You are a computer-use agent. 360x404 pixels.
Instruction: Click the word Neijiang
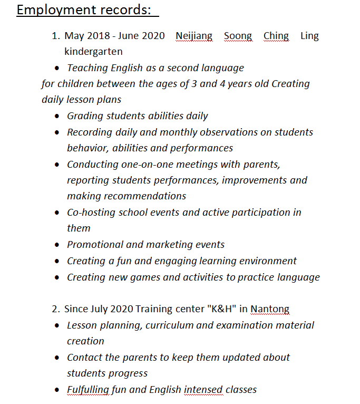[194, 36]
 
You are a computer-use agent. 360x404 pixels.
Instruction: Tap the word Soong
[238, 36]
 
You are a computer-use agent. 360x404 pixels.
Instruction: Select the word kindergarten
[93, 52]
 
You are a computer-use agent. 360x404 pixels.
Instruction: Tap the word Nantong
[270, 309]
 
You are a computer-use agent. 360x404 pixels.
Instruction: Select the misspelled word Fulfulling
[88, 390]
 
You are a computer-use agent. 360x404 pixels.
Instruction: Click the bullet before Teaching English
[57, 69]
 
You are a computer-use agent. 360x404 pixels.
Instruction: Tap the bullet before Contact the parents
[57, 358]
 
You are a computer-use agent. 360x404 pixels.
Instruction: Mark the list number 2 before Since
[55, 309]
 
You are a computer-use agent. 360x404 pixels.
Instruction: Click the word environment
[267, 261]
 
